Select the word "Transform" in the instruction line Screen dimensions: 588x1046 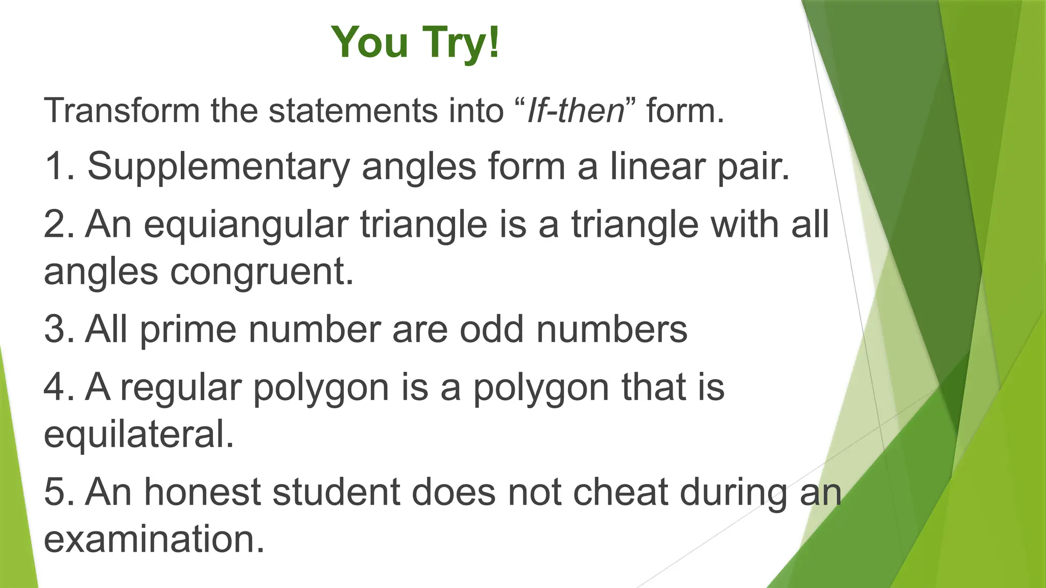[x=122, y=110]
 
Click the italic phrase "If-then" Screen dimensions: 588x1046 [x=576, y=110]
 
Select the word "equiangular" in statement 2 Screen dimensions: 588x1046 [x=246, y=225]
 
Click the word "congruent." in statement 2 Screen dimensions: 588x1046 [x=261, y=272]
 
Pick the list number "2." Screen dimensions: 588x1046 [x=59, y=225]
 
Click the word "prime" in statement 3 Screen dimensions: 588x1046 [x=188, y=330]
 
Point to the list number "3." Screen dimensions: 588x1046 [x=59, y=330]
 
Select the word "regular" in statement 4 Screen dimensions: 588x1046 [x=181, y=388]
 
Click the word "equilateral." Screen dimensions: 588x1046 [x=139, y=434]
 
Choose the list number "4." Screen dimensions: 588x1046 [x=59, y=388]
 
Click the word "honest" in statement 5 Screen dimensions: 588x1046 [x=202, y=493]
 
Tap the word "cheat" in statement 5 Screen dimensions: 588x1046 [x=620, y=493]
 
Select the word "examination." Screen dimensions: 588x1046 [x=154, y=540]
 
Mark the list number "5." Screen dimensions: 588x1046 [x=59, y=493]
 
